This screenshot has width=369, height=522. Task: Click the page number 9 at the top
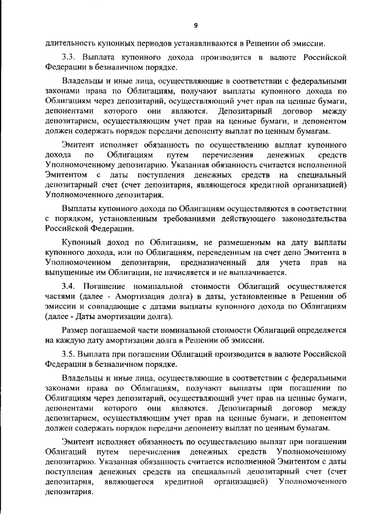coord(196,25)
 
